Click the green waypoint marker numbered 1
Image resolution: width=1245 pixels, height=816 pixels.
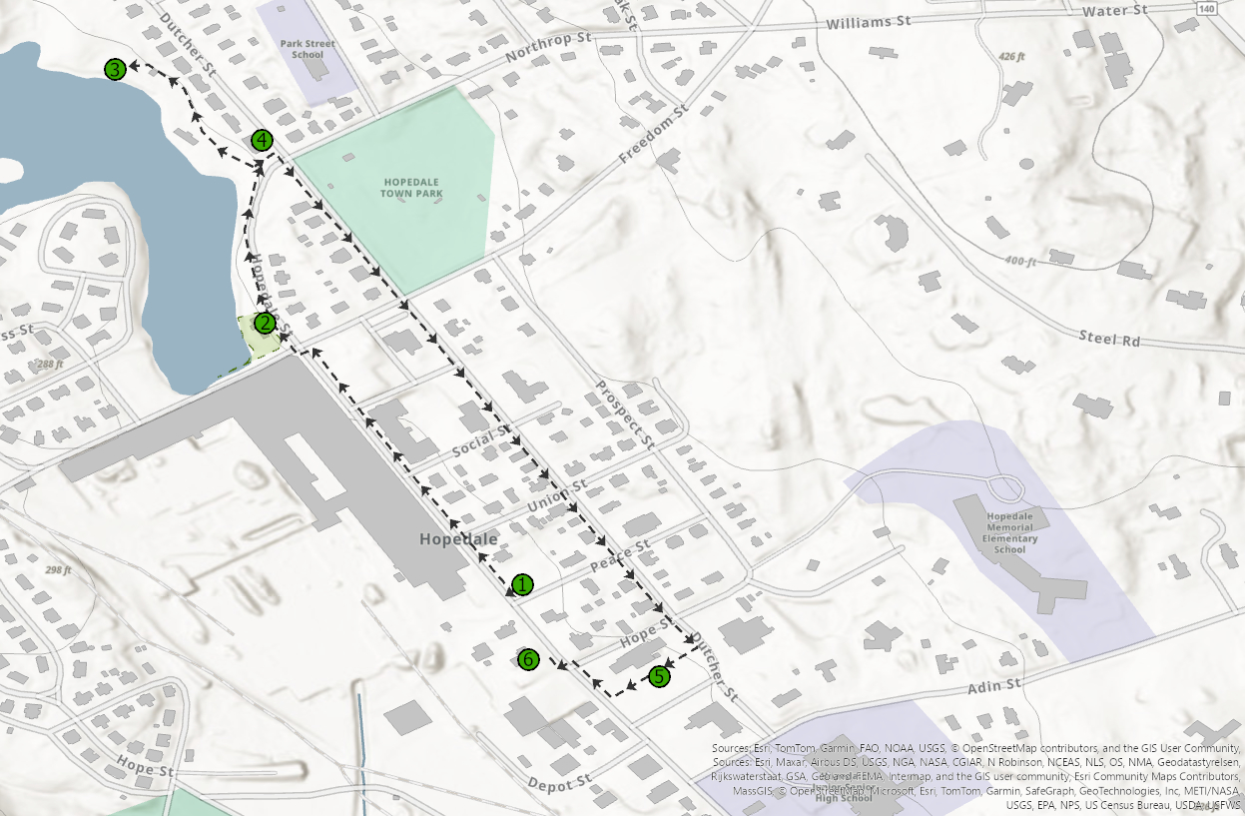523,584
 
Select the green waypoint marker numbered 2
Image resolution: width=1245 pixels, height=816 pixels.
265,323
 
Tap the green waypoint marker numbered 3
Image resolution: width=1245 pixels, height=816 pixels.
116,69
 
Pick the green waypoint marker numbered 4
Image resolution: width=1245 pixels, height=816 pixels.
262,140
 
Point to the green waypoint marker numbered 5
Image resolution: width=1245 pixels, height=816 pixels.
659,676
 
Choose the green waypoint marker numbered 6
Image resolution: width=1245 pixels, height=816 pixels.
529,659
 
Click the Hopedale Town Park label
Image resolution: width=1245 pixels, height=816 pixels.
410,187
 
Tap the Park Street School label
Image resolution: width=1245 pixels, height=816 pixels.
308,49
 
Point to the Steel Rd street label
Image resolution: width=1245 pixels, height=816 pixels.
1108,339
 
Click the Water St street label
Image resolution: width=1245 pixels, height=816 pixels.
1114,10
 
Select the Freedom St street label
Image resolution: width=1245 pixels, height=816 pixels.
654,135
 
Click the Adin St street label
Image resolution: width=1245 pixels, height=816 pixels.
994,686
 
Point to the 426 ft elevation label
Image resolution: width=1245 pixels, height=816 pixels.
1012,57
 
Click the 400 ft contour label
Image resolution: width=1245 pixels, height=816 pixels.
1020,261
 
